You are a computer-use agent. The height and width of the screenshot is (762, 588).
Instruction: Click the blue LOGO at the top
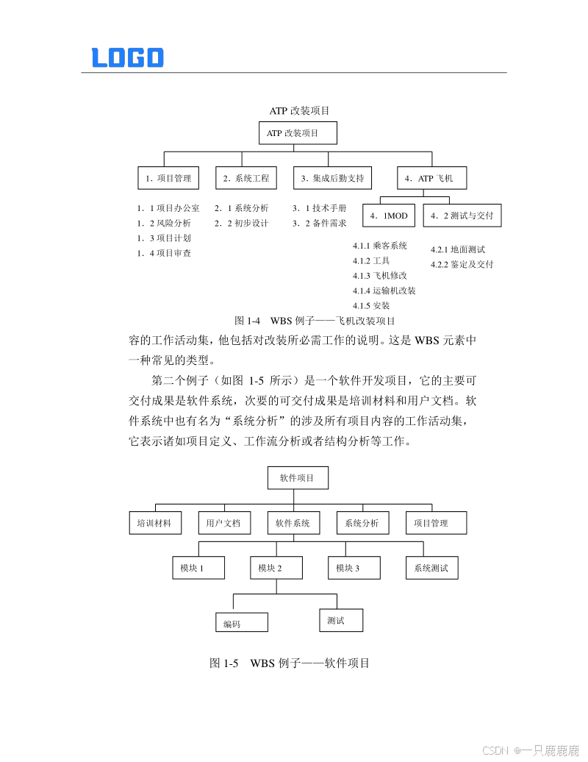point(127,57)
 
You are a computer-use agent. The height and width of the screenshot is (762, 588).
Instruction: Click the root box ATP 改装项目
point(298,133)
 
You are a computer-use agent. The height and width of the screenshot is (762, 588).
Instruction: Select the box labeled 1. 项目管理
point(168,178)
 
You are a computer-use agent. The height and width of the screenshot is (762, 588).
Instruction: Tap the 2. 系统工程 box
point(247,178)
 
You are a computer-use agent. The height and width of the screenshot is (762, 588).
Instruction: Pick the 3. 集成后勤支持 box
point(332,178)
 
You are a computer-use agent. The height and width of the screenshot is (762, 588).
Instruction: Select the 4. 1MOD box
point(389,216)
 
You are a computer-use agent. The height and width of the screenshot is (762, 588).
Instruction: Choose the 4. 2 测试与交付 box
point(462,216)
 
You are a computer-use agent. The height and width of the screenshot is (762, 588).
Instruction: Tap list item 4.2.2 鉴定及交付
point(462,265)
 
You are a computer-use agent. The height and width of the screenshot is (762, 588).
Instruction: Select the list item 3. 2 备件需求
point(320,224)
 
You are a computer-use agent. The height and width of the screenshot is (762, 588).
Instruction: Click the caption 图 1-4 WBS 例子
point(315,321)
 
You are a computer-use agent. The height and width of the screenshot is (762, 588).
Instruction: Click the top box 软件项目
point(297,478)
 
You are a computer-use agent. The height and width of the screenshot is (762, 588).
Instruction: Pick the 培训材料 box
point(154,523)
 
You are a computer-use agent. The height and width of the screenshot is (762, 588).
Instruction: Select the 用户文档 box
point(223,523)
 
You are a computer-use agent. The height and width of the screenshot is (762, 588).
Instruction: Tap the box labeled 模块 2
point(276,568)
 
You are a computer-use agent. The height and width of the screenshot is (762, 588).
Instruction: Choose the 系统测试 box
point(431,568)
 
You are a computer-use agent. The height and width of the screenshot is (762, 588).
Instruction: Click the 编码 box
point(241,622)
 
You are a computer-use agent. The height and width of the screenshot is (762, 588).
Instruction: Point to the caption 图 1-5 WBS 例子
point(290,663)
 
